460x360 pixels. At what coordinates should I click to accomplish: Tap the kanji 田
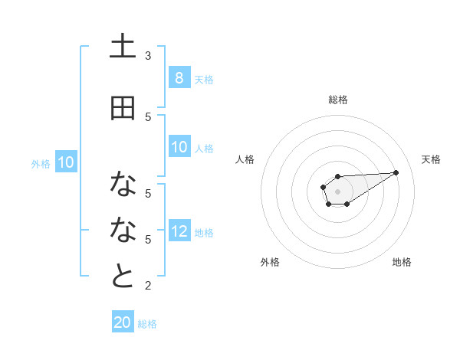point(123,109)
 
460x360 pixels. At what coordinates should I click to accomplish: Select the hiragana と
point(123,277)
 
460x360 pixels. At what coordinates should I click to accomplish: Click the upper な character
point(123,184)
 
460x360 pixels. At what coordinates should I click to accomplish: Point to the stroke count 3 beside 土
point(148,56)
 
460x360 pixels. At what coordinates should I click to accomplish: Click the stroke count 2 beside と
point(148,286)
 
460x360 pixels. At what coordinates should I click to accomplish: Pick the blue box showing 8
point(179,78)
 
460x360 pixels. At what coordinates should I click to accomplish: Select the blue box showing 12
point(179,231)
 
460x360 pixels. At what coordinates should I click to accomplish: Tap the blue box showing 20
point(123,322)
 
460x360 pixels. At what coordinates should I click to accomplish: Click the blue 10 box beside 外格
point(65,162)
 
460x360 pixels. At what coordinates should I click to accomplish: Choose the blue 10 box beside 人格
point(179,147)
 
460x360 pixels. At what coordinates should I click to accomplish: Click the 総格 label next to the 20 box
point(147,324)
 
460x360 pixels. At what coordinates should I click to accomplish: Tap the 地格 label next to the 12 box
point(204,233)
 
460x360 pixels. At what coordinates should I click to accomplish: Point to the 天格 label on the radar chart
point(431,159)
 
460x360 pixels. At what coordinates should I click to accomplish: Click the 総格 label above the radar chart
point(337,100)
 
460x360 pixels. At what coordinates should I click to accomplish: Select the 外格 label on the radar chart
point(270,262)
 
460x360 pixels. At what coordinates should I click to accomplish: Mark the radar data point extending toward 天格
point(396,172)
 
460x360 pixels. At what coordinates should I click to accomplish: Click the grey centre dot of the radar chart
point(337,190)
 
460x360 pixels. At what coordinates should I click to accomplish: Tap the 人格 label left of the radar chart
point(245,159)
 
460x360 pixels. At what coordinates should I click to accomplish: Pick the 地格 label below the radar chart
point(402,262)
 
